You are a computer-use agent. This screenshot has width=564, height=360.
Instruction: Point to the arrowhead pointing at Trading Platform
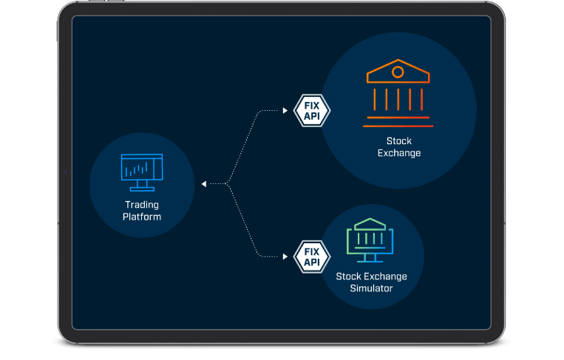(204, 183)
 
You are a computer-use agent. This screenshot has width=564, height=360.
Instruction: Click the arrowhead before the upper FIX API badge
(285, 111)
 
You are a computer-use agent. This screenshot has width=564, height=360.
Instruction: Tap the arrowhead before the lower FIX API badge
(285, 257)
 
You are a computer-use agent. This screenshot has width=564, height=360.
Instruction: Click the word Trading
(142, 205)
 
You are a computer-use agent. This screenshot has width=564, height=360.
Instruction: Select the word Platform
(142, 217)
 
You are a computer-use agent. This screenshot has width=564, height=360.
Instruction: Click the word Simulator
(371, 288)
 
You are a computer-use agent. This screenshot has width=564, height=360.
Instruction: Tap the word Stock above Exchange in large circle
(398, 140)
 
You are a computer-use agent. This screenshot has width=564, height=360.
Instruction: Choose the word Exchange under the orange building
(398, 153)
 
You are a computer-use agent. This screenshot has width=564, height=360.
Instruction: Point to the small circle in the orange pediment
(398, 72)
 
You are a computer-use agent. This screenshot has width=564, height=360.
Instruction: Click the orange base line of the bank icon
(398, 117)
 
